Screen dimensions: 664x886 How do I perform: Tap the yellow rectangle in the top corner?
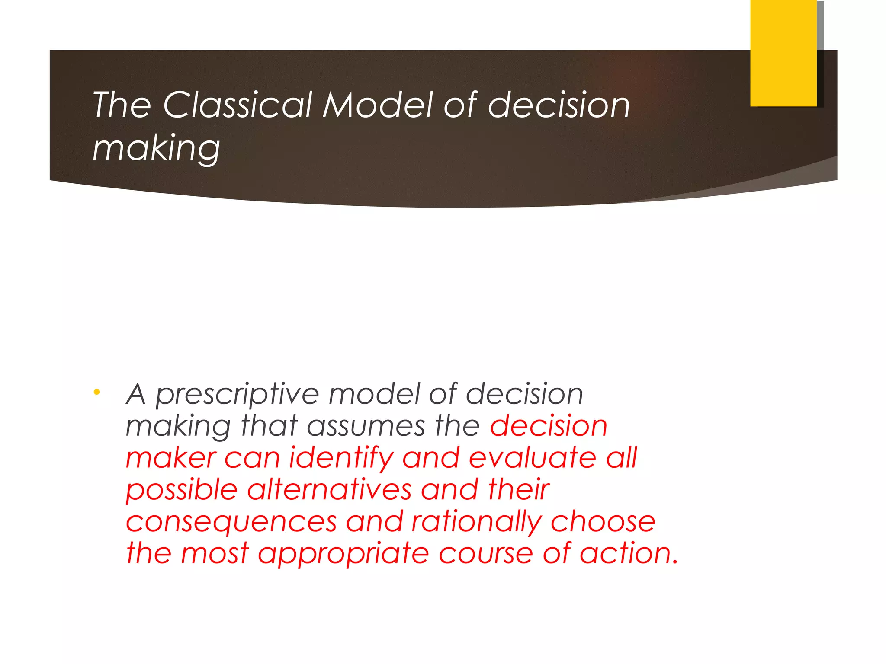[x=783, y=53]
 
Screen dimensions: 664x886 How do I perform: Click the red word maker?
[x=171, y=458]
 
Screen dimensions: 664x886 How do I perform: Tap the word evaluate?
[x=533, y=458]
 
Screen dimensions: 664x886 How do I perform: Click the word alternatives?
[x=329, y=490]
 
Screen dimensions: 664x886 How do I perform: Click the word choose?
[x=603, y=522]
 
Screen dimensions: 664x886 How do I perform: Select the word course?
[x=486, y=554]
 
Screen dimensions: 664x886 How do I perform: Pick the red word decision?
[x=549, y=426]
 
